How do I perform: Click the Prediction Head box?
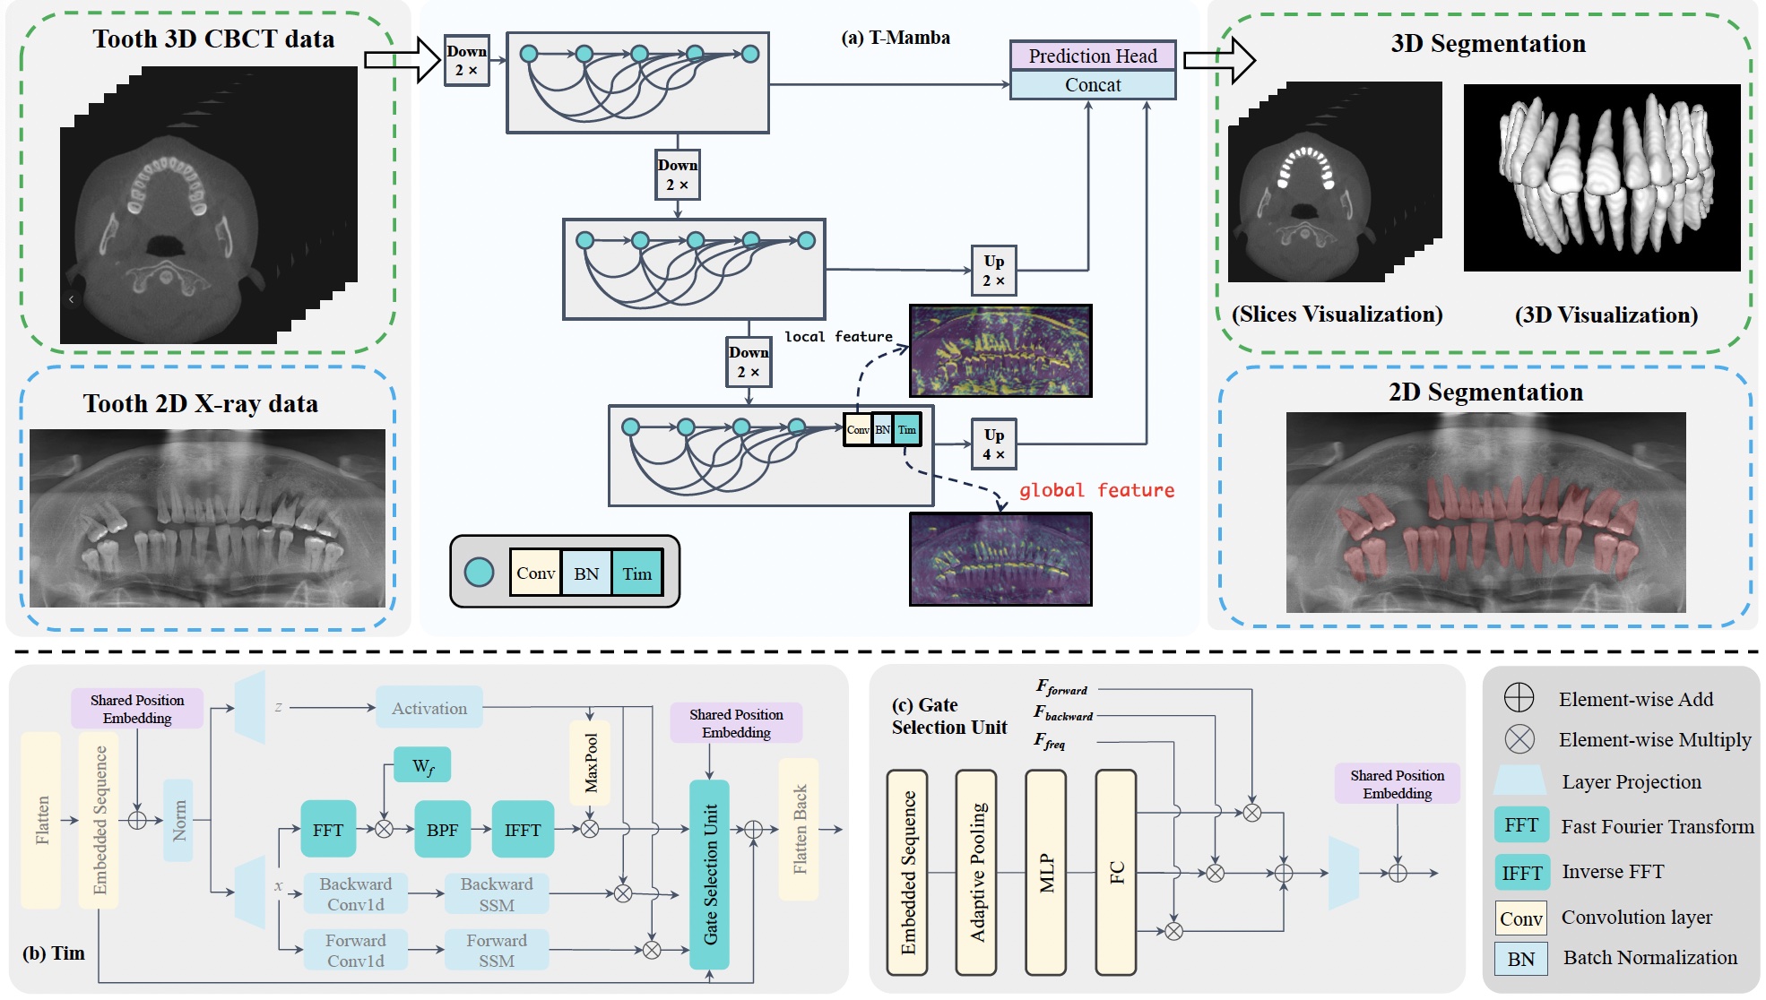[1092, 56]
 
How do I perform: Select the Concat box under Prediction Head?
[1092, 85]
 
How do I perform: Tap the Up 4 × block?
[993, 444]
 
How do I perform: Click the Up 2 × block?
[993, 271]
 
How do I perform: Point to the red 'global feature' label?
[1095, 490]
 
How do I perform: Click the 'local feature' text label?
[838, 337]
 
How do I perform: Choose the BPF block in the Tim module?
[442, 830]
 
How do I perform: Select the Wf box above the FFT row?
[422, 766]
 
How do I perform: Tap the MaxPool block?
[590, 763]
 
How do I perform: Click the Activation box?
[429, 708]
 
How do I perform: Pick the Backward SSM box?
[496, 894]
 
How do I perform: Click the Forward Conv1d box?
[355, 950]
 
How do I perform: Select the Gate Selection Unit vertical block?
[709, 874]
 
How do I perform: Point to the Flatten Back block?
[799, 829]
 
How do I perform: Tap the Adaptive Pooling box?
[976, 872]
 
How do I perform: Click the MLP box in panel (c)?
[1045, 872]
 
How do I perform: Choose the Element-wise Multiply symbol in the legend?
[1519, 739]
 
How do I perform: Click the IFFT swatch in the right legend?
[1521, 872]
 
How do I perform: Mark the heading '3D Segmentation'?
[1488, 44]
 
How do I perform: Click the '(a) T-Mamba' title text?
[896, 38]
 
